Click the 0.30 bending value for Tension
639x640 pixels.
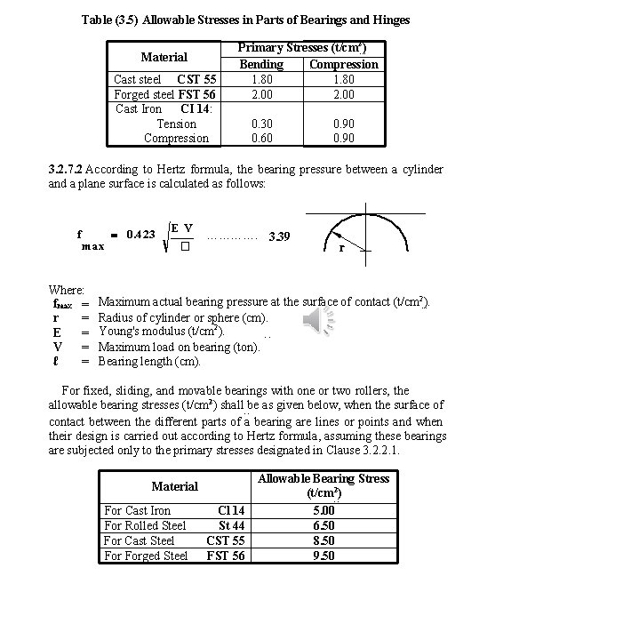[x=261, y=124]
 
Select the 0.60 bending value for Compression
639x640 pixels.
[x=261, y=138]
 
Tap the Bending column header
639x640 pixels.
[x=261, y=64]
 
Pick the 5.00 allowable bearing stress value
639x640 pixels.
[x=323, y=510]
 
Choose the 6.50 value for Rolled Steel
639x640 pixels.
[x=323, y=525]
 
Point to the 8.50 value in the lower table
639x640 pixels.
[x=323, y=540]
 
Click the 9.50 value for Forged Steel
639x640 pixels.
[x=323, y=556]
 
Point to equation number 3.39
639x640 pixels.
[x=279, y=236]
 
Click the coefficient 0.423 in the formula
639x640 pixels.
[x=141, y=235]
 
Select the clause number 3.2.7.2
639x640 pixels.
[x=66, y=169]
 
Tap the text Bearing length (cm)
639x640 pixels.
[x=149, y=361]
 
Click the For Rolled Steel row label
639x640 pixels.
[x=145, y=525]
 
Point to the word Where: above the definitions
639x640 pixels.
[x=66, y=290]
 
